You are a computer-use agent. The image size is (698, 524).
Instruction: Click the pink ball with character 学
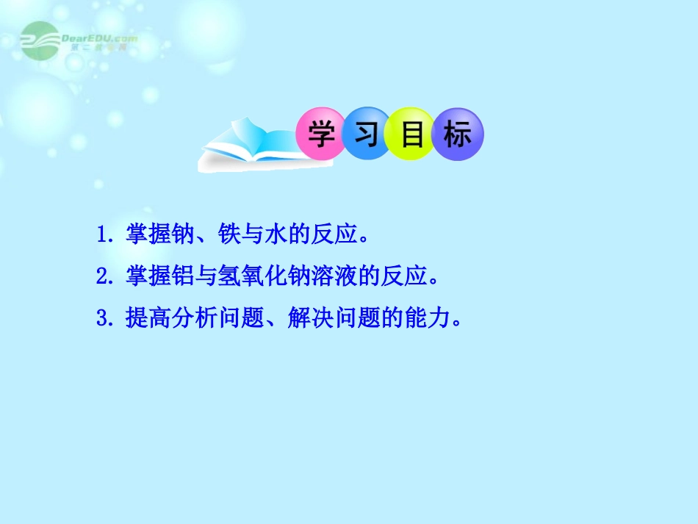pyautogui.click(x=321, y=134)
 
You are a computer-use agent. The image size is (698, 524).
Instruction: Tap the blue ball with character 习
pyautogui.click(x=366, y=134)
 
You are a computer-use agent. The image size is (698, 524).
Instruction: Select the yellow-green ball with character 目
pyautogui.click(x=411, y=134)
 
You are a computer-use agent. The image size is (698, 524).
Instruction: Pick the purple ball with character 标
pyautogui.click(x=457, y=134)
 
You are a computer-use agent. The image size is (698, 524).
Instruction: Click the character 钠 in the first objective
pyautogui.click(x=181, y=236)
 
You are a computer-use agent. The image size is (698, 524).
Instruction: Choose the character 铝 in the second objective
pyautogui.click(x=181, y=277)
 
